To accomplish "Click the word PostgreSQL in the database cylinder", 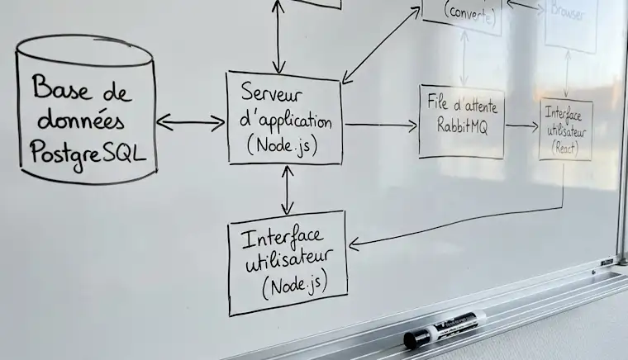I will coord(85,151).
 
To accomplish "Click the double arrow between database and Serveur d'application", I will coord(190,124).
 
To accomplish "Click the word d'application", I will coord(284,121).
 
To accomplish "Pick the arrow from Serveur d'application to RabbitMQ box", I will coord(381,126).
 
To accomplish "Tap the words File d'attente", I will coord(462,102).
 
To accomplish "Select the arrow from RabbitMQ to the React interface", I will coord(521,126).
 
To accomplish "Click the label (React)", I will coord(565,148).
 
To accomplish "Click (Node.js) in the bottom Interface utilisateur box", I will coord(293,287).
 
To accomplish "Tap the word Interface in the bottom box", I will coord(281,239).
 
